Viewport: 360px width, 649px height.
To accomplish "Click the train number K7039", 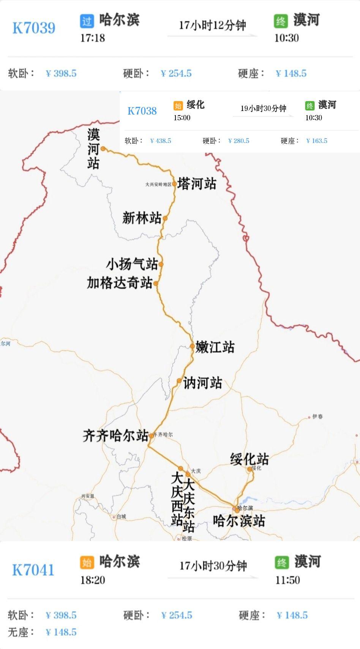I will pyautogui.click(x=34, y=28).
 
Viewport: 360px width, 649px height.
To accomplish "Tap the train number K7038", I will pyautogui.click(x=142, y=111).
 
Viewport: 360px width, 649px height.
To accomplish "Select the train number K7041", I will pyautogui.click(x=33, y=570).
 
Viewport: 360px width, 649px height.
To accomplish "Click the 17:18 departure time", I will pyautogui.click(x=92, y=38).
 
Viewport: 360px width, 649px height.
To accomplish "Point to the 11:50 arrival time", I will pyautogui.click(x=287, y=580).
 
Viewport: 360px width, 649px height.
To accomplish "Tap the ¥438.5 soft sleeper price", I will pyautogui.click(x=161, y=141).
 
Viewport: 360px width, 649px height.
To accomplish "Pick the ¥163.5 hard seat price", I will pyautogui.click(x=317, y=141).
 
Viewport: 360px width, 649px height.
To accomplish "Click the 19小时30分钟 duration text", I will pyautogui.click(x=263, y=108).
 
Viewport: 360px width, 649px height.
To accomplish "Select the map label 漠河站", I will pyautogui.click(x=93, y=149).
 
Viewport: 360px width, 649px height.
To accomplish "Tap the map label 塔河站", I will pyautogui.click(x=197, y=184).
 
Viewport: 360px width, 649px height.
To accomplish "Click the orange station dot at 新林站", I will pyautogui.click(x=165, y=218).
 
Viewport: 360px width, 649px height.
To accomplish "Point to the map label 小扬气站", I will pyautogui.click(x=131, y=264).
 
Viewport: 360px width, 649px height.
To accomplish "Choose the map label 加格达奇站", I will pyautogui.click(x=120, y=283).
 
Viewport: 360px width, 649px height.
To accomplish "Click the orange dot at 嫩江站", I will pyautogui.click(x=193, y=346).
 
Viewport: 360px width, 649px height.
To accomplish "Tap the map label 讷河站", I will pyautogui.click(x=202, y=383).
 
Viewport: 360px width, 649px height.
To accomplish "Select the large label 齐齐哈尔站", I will pyautogui.click(x=115, y=435).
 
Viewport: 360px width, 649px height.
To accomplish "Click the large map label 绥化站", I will pyautogui.click(x=249, y=459).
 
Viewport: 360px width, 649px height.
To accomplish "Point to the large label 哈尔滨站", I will pyautogui.click(x=239, y=521).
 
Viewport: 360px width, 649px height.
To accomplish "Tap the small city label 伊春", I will pyautogui.click(x=317, y=417).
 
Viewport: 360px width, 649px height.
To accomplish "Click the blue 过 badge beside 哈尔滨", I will pyautogui.click(x=87, y=21).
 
